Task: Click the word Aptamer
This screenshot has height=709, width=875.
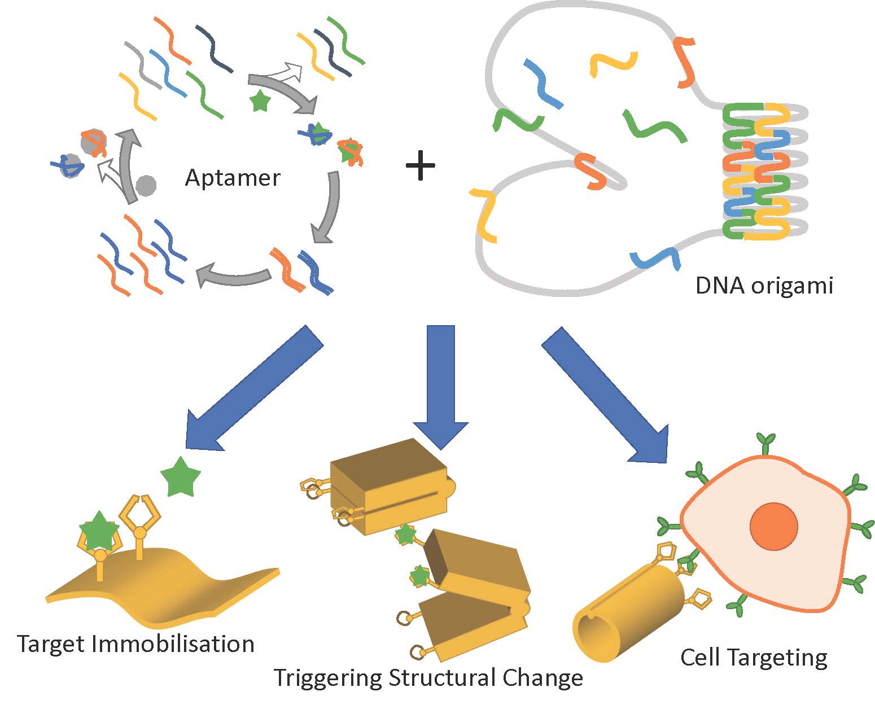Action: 232,178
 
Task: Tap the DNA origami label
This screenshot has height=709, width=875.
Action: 764,286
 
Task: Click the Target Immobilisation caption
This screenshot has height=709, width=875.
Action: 135,644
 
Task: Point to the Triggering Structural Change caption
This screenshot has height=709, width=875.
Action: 428,677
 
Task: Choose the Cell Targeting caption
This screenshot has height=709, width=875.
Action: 754,657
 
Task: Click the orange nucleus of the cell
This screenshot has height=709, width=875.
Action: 773,526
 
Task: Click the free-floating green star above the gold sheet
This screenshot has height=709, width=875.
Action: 181,478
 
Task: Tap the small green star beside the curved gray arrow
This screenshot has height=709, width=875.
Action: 260,101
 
